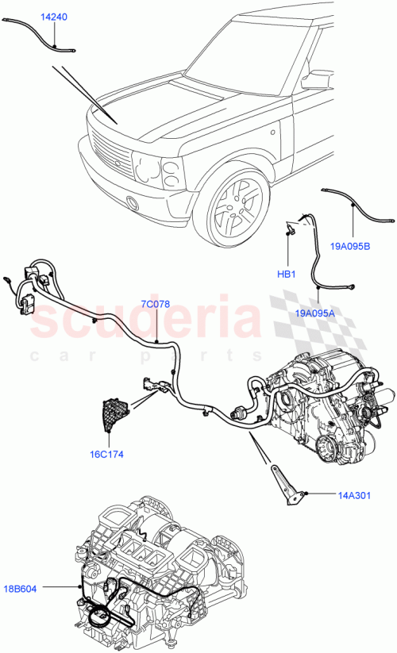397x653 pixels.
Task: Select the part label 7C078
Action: (156, 304)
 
